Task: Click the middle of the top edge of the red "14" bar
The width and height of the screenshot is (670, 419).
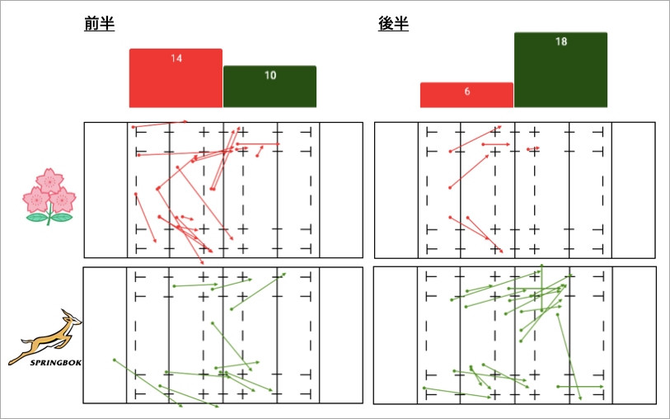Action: (176, 49)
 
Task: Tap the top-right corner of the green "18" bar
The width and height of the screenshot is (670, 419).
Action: (607, 32)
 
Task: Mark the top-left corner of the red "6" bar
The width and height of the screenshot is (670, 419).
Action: (420, 82)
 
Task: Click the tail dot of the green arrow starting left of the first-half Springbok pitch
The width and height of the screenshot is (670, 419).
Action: (114, 360)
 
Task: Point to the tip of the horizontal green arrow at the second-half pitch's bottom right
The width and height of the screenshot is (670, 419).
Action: (604, 387)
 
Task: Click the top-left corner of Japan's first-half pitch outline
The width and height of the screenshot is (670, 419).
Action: (84, 123)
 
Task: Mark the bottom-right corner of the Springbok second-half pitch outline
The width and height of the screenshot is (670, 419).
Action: (656, 403)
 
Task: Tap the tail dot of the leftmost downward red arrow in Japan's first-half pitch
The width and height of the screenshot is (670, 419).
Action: (136, 194)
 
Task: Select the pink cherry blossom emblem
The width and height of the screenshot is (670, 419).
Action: (49, 196)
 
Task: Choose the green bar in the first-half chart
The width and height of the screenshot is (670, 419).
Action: (269, 87)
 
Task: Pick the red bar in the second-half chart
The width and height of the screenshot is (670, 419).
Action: (466, 95)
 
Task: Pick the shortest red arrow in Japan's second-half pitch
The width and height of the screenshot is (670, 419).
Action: (534, 148)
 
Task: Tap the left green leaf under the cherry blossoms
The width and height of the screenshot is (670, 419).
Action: (37, 218)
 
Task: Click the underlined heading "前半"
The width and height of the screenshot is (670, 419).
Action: (100, 24)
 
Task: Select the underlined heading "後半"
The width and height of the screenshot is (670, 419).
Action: (394, 24)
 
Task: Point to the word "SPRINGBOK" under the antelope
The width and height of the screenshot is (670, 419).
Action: (55, 363)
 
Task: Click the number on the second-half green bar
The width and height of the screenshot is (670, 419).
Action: (561, 41)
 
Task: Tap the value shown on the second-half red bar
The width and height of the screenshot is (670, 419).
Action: (467, 92)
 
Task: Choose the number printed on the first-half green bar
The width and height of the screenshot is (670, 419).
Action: (270, 75)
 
